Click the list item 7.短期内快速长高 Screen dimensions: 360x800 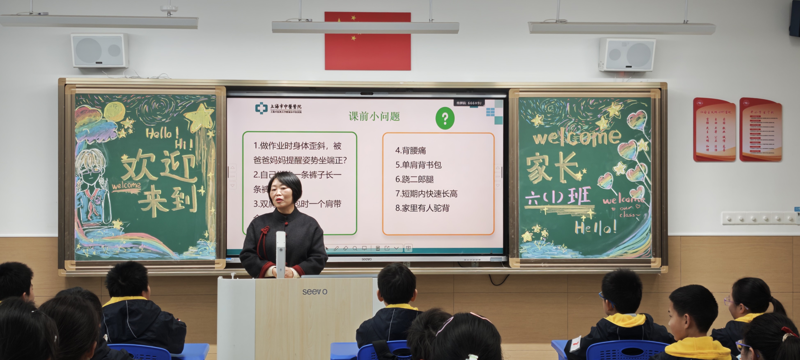(x=426, y=194)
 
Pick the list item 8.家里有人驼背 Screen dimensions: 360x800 (x=422, y=208)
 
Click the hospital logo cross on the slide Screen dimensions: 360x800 (x=261, y=108)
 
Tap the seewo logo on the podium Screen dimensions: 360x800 (x=314, y=292)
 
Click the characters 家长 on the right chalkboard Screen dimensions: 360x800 (x=553, y=168)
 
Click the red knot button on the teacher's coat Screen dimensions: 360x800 (x=265, y=231)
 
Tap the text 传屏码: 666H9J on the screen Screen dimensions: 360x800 (x=469, y=103)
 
